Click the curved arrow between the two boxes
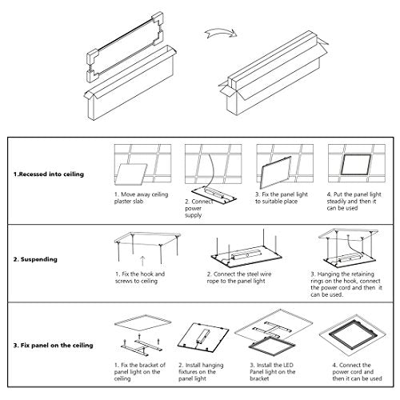click(x=220, y=32)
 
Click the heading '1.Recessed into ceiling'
click(x=49, y=174)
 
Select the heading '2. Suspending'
click(x=35, y=259)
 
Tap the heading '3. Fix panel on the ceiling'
click(x=54, y=346)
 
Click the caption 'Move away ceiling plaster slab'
click(x=141, y=198)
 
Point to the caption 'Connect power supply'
click(x=198, y=208)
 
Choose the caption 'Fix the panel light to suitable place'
click(x=282, y=198)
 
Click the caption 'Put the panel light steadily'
click(x=354, y=198)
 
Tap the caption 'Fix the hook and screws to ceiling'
click(x=140, y=278)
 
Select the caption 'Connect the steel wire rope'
click(x=239, y=278)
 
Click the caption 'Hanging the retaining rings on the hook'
click(x=346, y=284)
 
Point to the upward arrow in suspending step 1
click(x=142, y=261)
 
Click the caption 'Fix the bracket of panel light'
click(x=140, y=372)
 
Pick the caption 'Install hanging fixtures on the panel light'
click(x=201, y=372)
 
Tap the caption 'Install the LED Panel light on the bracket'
click(x=273, y=372)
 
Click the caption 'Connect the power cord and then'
click(x=357, y=372)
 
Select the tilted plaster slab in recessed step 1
click(x=130, y=174)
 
